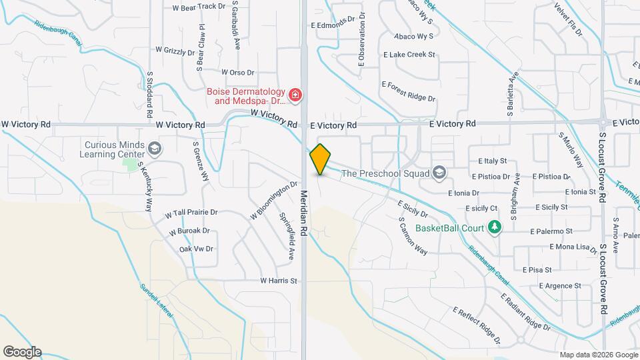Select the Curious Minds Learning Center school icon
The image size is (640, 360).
click(x=155, y=148)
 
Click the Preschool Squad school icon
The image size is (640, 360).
click(x=439, y=173)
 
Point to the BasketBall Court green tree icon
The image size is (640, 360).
click(x=494, y=228)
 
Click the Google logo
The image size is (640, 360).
click(x=22, y=351)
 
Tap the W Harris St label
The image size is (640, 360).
click(x=278, y=281)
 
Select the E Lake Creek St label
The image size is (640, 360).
click(x=409, y=55)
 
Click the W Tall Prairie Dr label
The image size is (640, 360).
click(x=191, y=213)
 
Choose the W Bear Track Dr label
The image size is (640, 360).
click(x=199, y=7)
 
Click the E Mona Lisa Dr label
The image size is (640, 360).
click(x=573, y=247)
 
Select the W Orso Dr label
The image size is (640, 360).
click(x=237, y=72)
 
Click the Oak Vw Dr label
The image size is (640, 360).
click(x=196, y=249)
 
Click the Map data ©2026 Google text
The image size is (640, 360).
click(x=598, y=354)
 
